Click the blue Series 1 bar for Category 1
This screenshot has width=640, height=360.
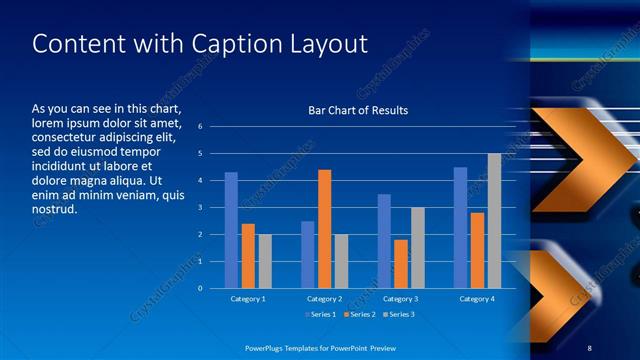click(231, 230)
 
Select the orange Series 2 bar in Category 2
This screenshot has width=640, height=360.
click(324, 229)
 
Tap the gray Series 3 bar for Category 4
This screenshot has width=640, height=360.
click(494, 221)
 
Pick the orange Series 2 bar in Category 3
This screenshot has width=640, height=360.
click(401, 264)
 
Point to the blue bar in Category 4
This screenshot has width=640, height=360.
click(460, 228)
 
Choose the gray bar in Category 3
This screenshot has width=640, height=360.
click(418, 248)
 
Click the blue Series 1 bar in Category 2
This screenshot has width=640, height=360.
click(308, 255)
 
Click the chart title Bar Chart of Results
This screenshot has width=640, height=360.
click(358, 110)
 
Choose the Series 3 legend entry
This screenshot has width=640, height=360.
click(397, 315)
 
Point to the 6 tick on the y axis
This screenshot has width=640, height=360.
click(200, 127)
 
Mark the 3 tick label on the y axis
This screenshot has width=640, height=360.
click(200, 208)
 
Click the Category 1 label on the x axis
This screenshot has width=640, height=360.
click(248, 299)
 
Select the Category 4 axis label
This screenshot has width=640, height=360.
click(477, 299)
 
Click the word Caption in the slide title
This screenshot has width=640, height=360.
click(219, 44)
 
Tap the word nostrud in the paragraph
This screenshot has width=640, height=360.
click(54, 211)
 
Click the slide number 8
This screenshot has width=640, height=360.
click(589, 345)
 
